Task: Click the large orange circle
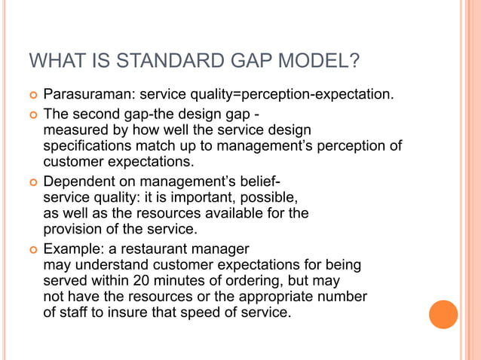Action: tap(443, 314)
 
